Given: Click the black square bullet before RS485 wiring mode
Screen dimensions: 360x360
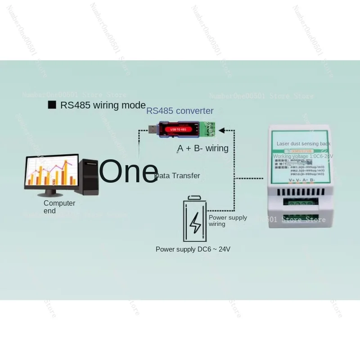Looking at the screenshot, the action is coord(52,105).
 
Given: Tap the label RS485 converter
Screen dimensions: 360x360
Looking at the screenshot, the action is coord(180,111).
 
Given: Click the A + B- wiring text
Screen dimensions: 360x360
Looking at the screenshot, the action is coord(203,148).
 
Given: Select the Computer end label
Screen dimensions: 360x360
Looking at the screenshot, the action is coord(59,207).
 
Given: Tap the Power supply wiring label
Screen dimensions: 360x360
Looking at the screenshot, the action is coord(228,220).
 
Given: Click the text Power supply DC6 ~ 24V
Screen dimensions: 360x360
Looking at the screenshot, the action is coord(193,249).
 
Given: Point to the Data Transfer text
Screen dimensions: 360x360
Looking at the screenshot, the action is coord(178,175).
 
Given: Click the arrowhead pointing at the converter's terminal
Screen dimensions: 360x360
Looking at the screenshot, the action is coord(223,130).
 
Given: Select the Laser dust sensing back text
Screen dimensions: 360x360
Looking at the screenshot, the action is coord(303,144).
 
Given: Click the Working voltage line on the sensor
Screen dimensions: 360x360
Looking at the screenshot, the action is coord(303,156).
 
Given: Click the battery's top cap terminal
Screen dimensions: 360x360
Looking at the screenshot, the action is coord(194,197).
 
